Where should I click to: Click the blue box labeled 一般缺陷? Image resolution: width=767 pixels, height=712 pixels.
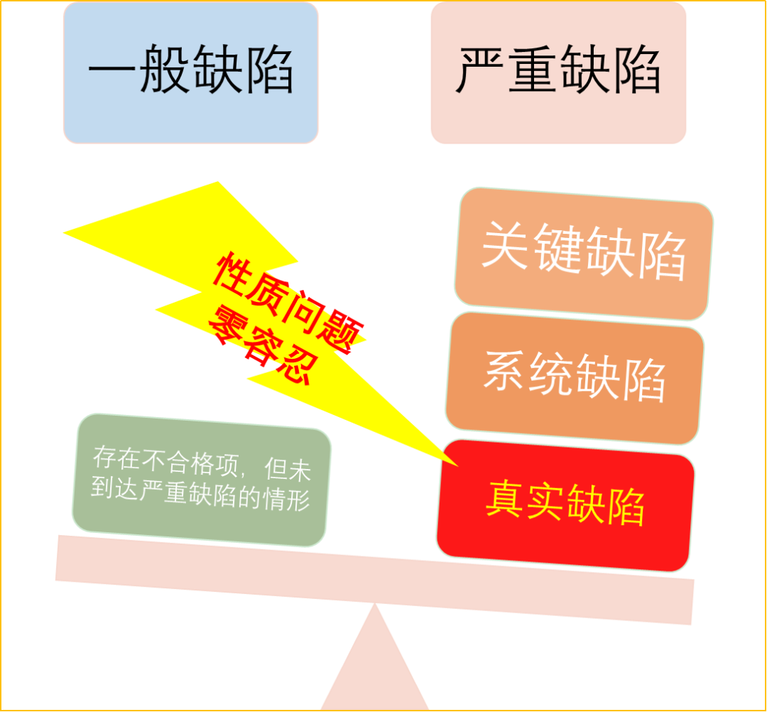tap(190, 72)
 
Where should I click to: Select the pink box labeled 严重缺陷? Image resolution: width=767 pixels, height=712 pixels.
tap(558, 72)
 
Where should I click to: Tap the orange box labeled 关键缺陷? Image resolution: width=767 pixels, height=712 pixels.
tap(583, 254)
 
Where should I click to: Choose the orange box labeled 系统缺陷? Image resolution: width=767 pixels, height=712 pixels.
tap(575, 377)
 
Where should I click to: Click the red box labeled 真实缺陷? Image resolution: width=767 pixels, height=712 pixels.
tap(565, 505)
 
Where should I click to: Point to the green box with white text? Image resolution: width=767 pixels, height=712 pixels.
tap(202, 480)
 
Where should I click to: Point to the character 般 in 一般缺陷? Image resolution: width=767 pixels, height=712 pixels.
tap(165, 72)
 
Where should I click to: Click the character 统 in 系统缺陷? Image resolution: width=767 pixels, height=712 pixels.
tap(549, 374)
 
